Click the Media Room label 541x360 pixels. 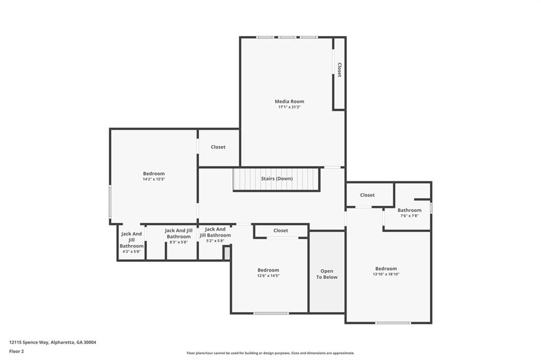click(x=289, y=101)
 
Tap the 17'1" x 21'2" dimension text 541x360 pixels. click(x=289, y=107)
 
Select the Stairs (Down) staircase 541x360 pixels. click(x=276, y=179)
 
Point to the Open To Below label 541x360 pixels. click(x=327, y=274)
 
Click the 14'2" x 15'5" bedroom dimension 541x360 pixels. click(x=154, y=179)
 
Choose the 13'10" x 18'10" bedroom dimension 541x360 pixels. click(x=386, y=274)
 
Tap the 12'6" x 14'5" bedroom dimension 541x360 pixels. click(x=268, y=276)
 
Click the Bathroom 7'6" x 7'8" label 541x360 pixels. click(x=409, y=210)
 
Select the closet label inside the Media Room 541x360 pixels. click(x=339, y=70)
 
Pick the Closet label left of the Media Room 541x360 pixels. click(x=218, y=147)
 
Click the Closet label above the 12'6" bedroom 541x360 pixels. click(x=281, y=231)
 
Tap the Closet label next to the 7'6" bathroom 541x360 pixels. click(x=367, y=195)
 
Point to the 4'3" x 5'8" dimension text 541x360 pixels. click(x=132, y=252)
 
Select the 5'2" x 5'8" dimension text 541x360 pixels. click(x=215, y=241)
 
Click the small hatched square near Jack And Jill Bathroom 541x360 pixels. click(x=227, y=253)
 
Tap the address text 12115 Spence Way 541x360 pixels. click(x=53, y=342)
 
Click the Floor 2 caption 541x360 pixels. click(x=16, y=351)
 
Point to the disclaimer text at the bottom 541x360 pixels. click(x=270, y=353)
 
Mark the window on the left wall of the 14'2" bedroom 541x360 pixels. click(x=110, y=201)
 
